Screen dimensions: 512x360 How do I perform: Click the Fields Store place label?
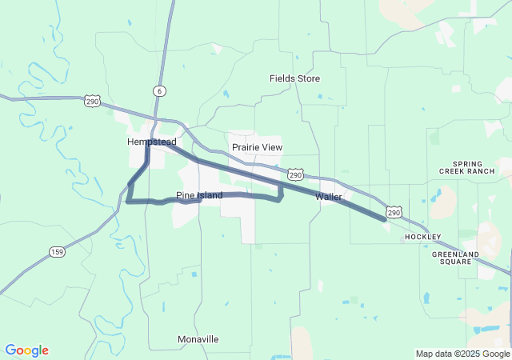coord(294,78)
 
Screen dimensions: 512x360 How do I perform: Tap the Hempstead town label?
coord(151,142)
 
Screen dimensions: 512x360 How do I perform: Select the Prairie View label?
coord(257,147)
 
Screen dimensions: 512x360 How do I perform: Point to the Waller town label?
coord(329,196)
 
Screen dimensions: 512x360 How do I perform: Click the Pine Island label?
coord(188,195)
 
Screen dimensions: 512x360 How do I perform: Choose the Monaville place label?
coord(198,339)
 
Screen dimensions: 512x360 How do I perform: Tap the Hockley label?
coord(422,237)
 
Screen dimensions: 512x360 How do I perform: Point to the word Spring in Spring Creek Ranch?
coord(467,163)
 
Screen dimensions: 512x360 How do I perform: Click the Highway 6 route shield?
coord(161,91)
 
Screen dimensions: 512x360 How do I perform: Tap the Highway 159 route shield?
coord(56,252)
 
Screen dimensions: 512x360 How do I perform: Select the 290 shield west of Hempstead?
coord(92,101)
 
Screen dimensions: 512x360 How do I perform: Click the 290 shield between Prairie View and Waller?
coord(295,174)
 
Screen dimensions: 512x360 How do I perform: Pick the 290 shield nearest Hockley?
coord(393,212)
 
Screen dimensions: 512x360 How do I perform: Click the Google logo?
coord(26,350)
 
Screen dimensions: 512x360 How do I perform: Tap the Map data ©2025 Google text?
coord(462,354)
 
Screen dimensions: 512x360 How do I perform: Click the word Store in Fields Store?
coord(308,78)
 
